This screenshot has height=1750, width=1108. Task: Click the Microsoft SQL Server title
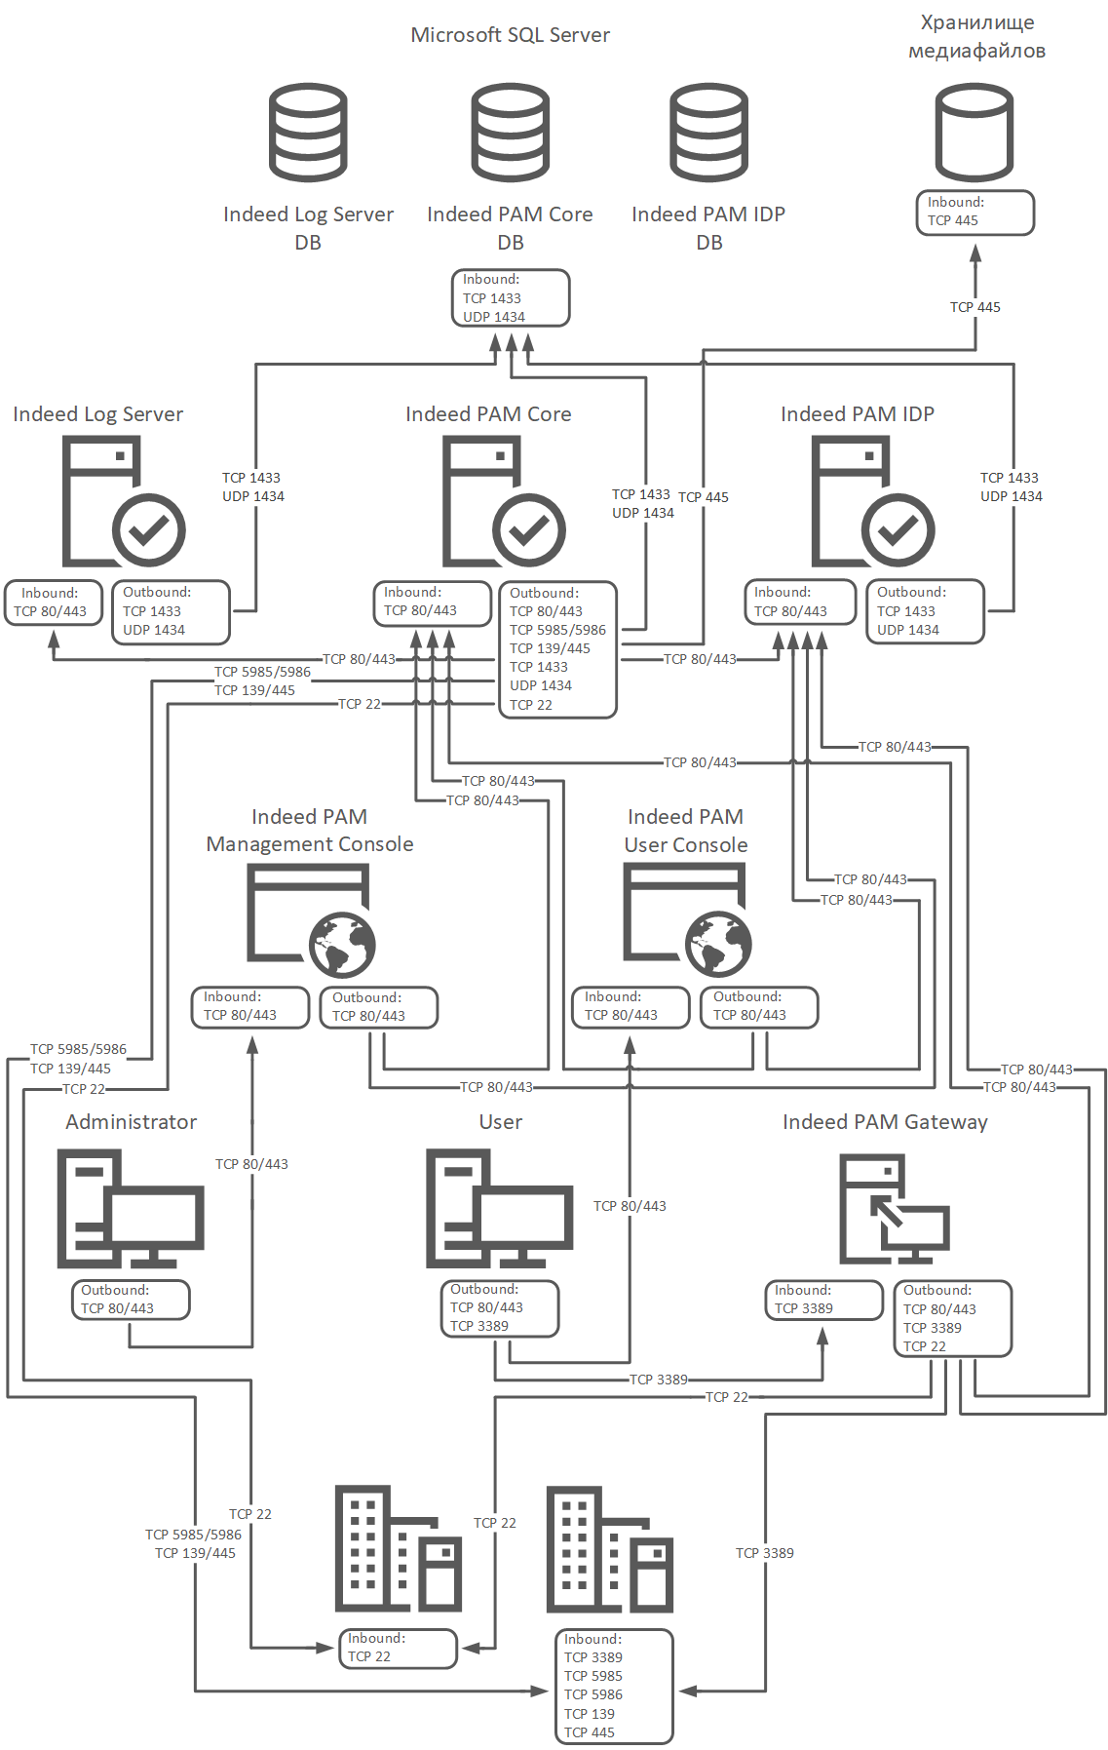point(510,35)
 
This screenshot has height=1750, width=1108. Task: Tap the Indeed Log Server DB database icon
point(308,133)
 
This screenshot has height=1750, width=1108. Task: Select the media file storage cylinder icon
point(974,133)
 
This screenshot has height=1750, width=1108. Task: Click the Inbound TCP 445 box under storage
point(974,213)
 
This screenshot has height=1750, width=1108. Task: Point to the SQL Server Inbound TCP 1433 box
point(511,298)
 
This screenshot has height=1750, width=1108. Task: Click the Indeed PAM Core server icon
point(504,501)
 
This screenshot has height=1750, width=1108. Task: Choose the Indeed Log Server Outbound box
point(172,612)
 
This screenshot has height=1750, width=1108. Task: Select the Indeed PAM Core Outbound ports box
point(557,650)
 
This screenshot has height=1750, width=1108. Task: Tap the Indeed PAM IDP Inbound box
point(800,603)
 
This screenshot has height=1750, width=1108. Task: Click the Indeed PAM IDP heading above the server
point(858,414)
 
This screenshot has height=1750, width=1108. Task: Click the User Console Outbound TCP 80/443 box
point(759,1008)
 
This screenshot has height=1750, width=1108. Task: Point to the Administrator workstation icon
point(131,1209)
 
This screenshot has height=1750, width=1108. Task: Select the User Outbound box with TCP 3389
point(500,1308)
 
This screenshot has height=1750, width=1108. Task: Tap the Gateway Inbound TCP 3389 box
point(824,1301)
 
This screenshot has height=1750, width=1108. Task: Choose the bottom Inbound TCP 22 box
point(398,1649)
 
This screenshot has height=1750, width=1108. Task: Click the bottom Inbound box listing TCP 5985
point(614,1687)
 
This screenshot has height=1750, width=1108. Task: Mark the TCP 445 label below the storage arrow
point(975,307)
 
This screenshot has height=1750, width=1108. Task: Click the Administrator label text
point(132,1122)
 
